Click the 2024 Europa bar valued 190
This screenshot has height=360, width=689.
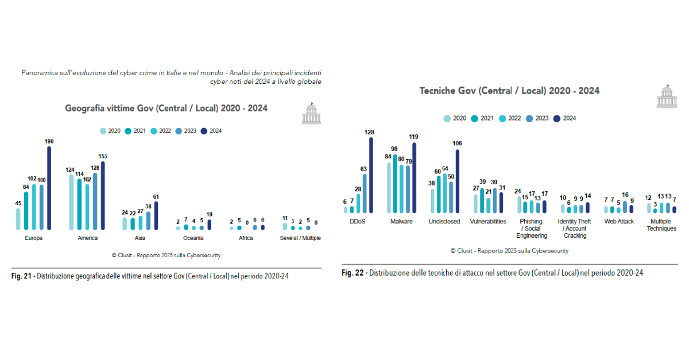pos(49,188)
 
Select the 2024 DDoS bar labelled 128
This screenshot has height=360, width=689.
pos(371,176)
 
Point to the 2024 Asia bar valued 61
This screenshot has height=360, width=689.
pos(156,216)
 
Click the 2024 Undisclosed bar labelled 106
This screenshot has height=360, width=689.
pos(457,181)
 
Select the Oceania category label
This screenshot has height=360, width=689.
pos(193,238)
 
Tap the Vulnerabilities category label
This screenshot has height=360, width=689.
pos(488,222)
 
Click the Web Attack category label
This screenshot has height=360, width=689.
pos(618,222)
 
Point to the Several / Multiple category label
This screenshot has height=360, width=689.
pos(300,238)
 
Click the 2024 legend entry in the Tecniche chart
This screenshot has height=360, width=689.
pos(565,118)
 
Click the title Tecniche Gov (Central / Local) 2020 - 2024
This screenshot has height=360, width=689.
pos(509,91)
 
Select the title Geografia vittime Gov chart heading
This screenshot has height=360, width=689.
pos(166,108)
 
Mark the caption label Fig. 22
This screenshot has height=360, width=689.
pos(353,273)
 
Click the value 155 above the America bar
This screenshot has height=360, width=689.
pos(102,156)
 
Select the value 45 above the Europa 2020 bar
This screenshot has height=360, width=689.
pos(18,203)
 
